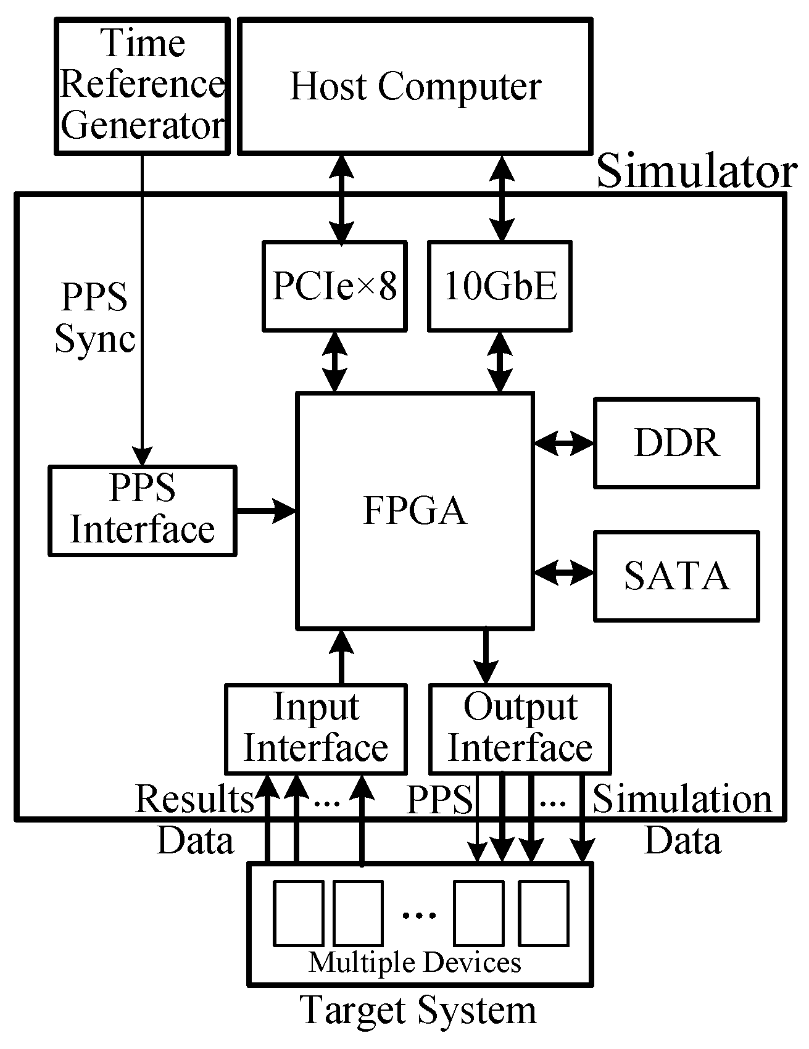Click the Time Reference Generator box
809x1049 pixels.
tap(142, 85)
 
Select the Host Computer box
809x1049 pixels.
tap(415, 85)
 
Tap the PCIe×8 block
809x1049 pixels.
tap(334, 286)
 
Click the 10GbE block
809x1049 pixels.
tap(500, 286)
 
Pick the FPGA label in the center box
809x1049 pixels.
tap(415, 511)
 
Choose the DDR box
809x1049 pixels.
tap(676, 443)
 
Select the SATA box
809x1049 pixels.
tap(676, 576)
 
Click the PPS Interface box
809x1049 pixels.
tap(142, 510)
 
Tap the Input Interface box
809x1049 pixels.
tap(315, 728)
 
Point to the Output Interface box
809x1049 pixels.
tap(520, 728)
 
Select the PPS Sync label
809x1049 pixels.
tap(94, 318)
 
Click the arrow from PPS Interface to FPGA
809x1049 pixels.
tap(265, 510)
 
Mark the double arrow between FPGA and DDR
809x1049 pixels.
tap(563, 443)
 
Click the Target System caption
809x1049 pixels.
tap(418, 1011)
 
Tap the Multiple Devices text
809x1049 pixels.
tap(415, 963)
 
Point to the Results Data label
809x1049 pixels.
tap(195, 819)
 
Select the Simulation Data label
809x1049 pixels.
tap(682, 819)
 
